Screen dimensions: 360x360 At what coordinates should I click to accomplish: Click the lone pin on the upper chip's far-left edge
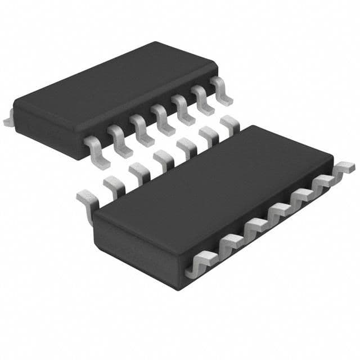pyautogui.click(x=8, y=120)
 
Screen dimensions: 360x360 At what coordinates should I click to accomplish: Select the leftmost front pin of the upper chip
pyautogui.click(x=93, y=147)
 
